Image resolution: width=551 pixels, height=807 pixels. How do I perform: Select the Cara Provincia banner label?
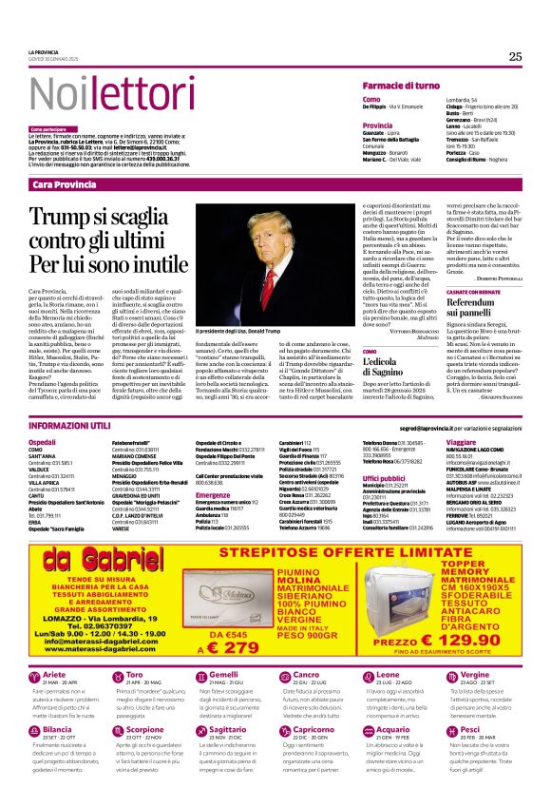(65, 183)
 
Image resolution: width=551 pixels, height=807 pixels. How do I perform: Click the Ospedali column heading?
(43, 443)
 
